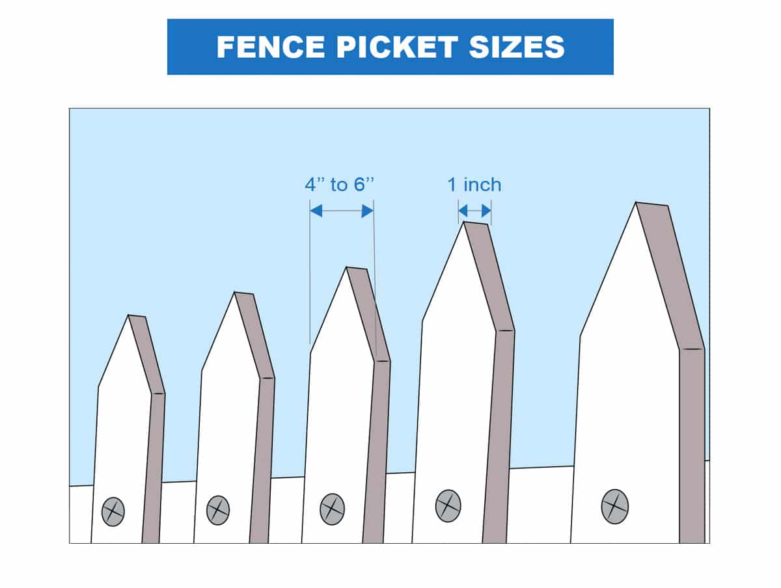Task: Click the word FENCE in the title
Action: pos(270,47)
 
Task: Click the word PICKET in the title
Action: pos(397,47)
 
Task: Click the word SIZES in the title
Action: pos(517,47)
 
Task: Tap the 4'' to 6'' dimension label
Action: pos(340,185)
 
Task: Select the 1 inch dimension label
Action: pos(474,185)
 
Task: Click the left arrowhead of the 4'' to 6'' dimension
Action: pos(316,211)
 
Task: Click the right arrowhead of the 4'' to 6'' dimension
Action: pos(368,211)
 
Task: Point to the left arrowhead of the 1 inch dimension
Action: pos(463,211)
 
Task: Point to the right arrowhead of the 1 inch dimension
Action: pos(486,211)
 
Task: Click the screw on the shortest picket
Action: pos(113,511)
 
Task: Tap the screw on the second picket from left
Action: pos(218,510)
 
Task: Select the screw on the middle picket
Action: pos(333,509)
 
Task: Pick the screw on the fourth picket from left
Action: pos(448,506)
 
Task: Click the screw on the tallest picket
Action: pos(615,507)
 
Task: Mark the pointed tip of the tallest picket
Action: pos(636,202)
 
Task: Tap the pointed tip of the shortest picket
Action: pos(128,315)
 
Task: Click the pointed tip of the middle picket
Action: pos(346,267)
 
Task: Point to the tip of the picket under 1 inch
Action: pos(463,222)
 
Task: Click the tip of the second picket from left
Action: pos(234,292)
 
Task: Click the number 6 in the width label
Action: pos(359,185)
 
